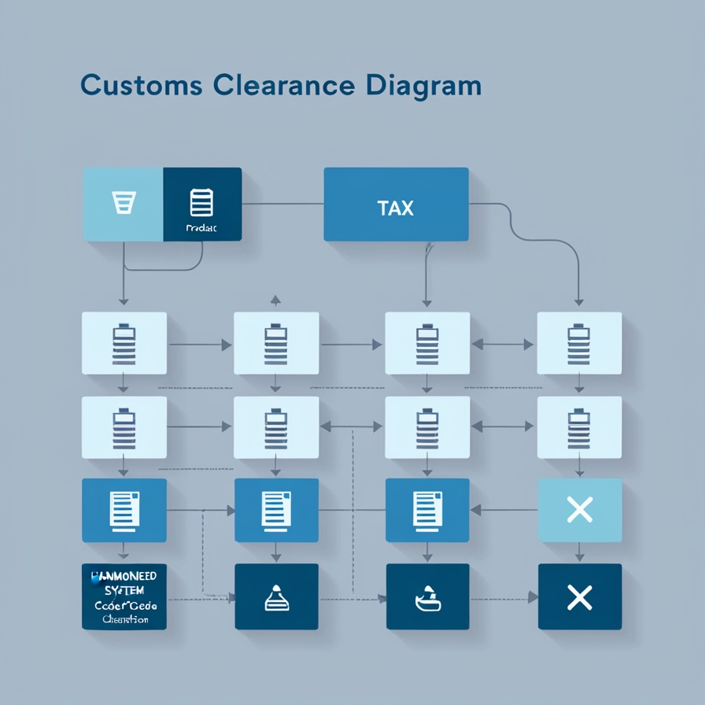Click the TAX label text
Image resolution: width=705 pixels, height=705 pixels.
pos(395,209)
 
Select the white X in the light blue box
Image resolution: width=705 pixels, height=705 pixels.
pos(579,511)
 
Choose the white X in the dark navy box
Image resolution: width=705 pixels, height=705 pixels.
pos(579,598)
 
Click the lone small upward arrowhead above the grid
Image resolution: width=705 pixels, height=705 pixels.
pos(275,299)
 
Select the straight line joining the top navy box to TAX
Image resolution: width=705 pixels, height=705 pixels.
pos(282,205)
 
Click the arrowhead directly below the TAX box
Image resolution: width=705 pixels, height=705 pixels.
pos(426,301)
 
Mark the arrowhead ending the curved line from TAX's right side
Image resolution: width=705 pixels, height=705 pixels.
pos(579,301)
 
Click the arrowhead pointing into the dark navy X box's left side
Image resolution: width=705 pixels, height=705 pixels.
pos(532,598)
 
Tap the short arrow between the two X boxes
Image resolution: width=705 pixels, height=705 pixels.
pos(579,552)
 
